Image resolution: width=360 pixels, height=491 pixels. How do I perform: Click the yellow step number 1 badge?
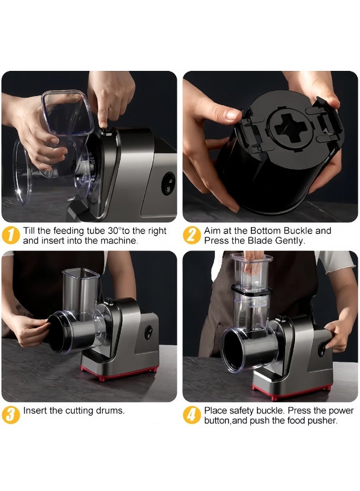tap(11, 235)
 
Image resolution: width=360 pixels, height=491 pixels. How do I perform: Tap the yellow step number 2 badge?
tap(191, 235)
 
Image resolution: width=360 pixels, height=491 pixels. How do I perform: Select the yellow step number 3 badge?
tap(11, 415)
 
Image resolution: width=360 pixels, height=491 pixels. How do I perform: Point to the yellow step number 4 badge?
tap(191, 415)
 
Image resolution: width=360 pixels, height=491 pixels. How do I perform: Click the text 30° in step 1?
tap(114, 231)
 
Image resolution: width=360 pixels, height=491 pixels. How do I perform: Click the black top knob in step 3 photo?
tap(109, 302)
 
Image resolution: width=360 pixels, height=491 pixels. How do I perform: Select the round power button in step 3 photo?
tap(148, 332)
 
